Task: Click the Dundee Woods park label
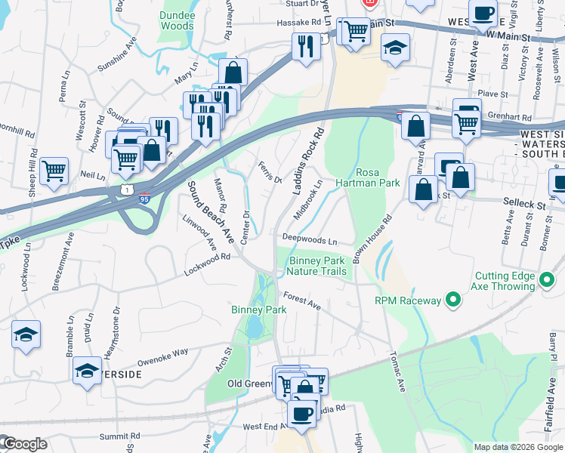(x=177, y=20)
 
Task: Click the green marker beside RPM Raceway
(x=452, y=300)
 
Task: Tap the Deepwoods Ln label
(x=310, y=239)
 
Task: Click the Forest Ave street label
(x=302, y=302)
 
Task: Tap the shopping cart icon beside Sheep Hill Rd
(x=54, y=170)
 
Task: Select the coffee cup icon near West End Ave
(x=303, y=414)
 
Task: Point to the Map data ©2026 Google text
(x=517, y=447)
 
